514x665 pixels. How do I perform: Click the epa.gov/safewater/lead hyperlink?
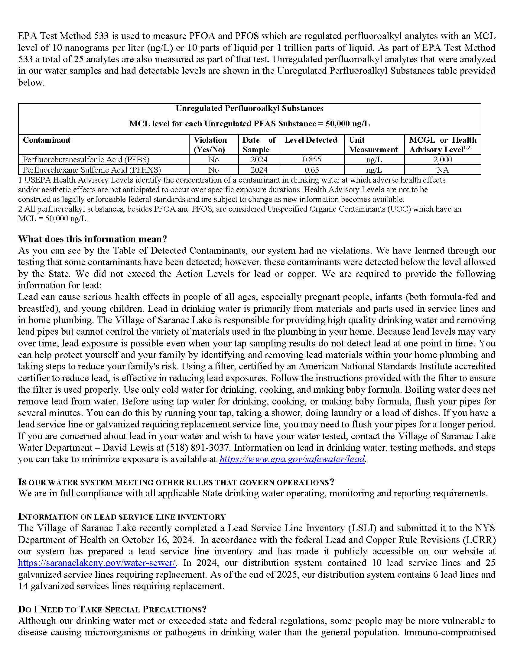(x=292, y=459)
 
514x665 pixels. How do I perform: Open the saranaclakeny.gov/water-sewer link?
(x=96, y=563)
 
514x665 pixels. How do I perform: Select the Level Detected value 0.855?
(x=312, y=160)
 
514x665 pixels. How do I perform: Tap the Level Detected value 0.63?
(x=312, y=170)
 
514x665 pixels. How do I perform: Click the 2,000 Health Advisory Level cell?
(x=443, y=160)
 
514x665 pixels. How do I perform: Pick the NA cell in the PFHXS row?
(x=443, y=170)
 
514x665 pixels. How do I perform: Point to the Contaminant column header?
(x=47, y=140)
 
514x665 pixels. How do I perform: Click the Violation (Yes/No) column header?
(x=210, y=144)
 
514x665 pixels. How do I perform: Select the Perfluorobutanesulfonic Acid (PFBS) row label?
(x=86, y=160)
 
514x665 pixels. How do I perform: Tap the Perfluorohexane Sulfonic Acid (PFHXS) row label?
(x=92, y=170)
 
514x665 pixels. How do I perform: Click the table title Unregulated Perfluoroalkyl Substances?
(x=249, y=109)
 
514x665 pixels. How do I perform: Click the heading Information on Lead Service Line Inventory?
(x=122, y=517)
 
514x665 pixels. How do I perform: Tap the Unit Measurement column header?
(x=373, y=144)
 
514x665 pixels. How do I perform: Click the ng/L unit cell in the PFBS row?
(x=374, y=160)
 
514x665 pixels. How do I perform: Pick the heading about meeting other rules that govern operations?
(x=176, y=482)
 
